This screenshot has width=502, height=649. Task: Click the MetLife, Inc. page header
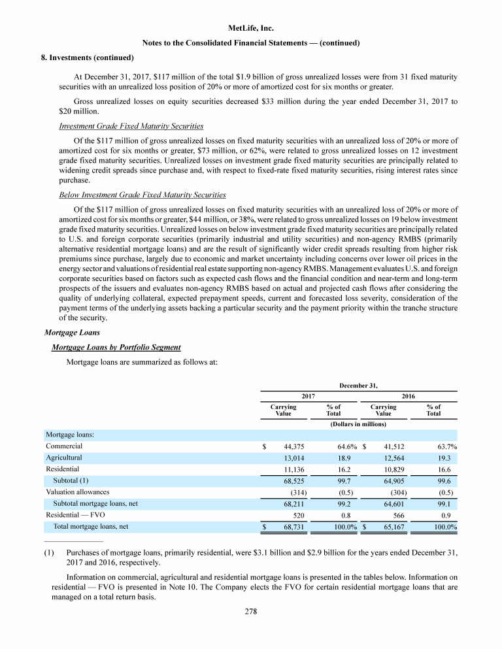[x=251, y=29]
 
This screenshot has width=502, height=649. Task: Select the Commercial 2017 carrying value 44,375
[x=292, y=446]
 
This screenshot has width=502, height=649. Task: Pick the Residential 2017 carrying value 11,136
[x=292, y=469]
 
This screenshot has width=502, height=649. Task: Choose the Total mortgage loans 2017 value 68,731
[x=292, y=526]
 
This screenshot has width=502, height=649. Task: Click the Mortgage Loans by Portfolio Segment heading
[x=116, y=346]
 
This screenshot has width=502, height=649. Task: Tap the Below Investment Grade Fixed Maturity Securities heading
[x=142, y=194]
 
